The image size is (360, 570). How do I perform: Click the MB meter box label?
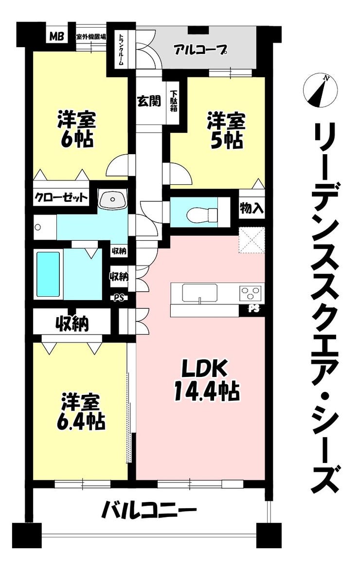point(57,36)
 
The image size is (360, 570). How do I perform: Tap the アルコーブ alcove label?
point(200,49)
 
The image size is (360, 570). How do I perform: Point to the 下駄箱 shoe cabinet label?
point(174,99)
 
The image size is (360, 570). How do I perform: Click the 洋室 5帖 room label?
point(226,131)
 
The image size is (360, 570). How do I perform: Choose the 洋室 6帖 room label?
point(76,129)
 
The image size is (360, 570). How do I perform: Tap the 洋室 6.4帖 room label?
point(80,411)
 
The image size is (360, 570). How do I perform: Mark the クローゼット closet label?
point(61,198)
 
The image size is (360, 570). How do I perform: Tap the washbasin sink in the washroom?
point(113,199)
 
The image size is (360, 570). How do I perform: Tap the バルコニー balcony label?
point(148,510)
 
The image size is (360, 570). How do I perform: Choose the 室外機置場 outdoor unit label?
point(91,36)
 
